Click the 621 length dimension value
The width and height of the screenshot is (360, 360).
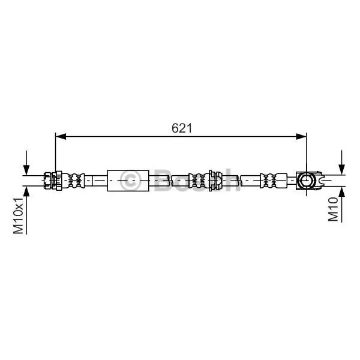[182, 128]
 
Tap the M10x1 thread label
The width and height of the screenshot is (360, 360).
[19, 215]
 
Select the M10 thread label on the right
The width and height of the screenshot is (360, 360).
[334, 209]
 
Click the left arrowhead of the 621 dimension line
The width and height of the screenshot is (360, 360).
[61, 136]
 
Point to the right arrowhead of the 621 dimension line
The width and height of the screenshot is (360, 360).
[301, 136]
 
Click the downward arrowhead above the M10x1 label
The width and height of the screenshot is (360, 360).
[26, 170]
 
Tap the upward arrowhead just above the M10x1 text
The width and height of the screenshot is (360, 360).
[26, 191]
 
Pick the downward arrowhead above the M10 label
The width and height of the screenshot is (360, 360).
[342, 169]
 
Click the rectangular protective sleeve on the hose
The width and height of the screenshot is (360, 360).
[128, 181]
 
